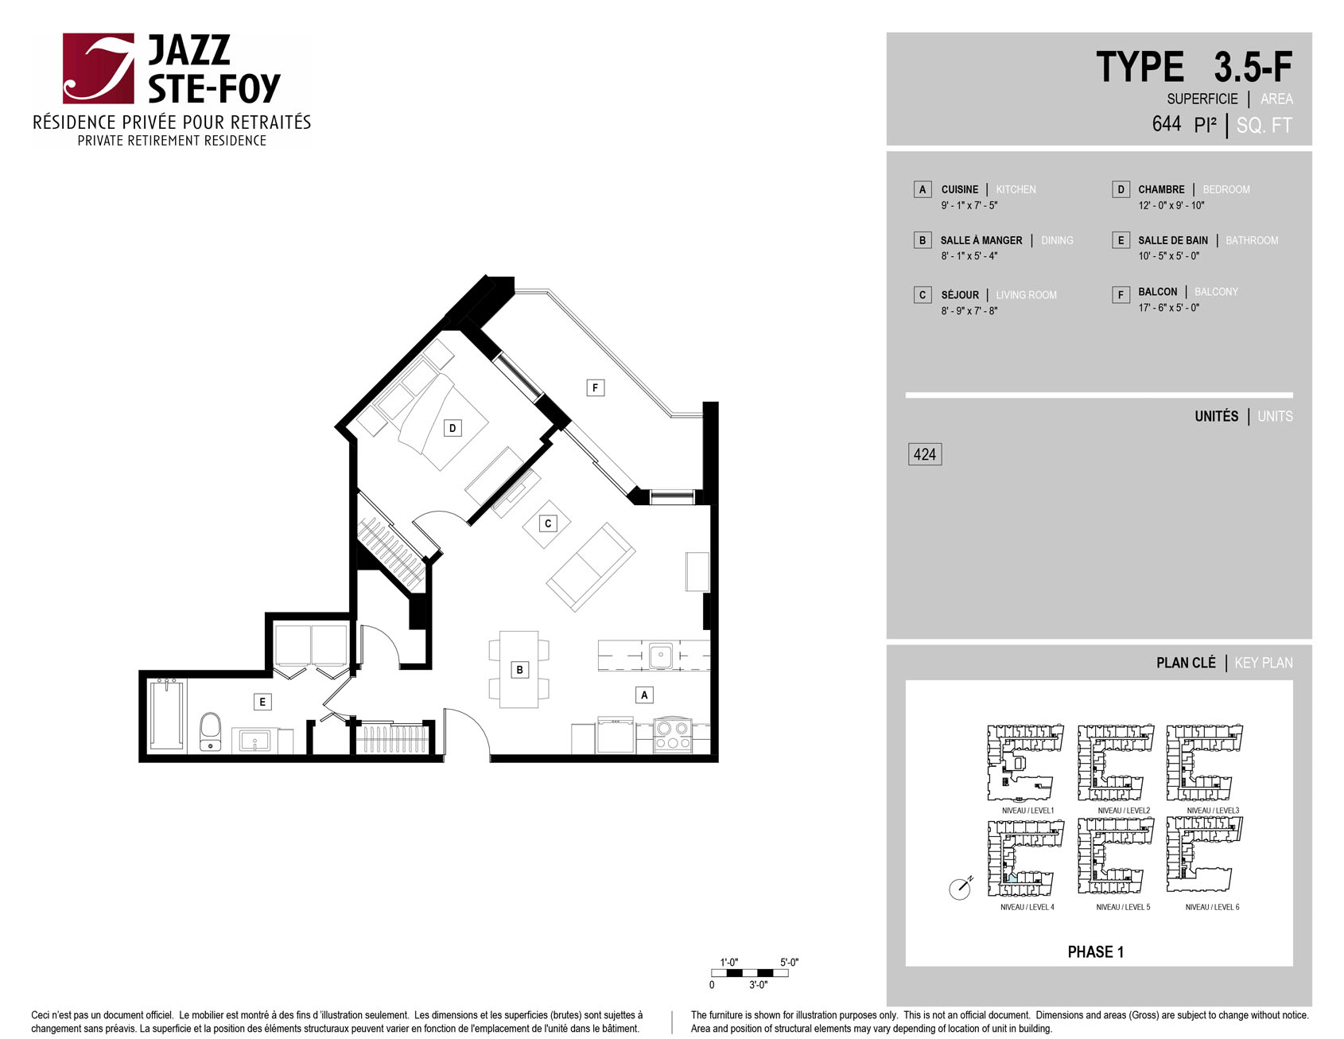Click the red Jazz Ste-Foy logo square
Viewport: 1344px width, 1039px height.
pos(99,68)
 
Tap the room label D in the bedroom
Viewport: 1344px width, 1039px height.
pos(453,428)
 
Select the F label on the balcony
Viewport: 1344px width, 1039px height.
pos(595,387)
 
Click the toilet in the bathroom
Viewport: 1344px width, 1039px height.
pos(210,731)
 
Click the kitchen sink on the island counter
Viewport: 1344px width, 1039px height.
pos(660,656)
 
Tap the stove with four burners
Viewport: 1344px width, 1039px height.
pos(673,734)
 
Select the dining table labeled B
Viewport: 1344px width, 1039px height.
pos(519,669)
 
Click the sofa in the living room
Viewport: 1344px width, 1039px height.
pos(591,566)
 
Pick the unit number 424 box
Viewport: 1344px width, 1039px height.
pos(925,454)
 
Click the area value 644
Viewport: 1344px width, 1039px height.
pos(1167,124)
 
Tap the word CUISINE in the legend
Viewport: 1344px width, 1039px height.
pos(960,189)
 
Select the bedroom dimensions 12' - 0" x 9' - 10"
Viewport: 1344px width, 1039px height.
pos(1171,205)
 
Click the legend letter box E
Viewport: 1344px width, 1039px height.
pos(1121,240)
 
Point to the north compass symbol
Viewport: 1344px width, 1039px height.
pos(961,888)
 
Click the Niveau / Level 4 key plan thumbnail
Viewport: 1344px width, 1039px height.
pos(1026,858)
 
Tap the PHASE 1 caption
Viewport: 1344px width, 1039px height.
pos(1095,951)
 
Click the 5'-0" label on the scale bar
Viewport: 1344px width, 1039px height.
pos(789,962)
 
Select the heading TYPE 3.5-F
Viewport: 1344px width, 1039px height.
pos(1194,67)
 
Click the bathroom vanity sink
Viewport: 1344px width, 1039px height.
pos(254,741)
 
